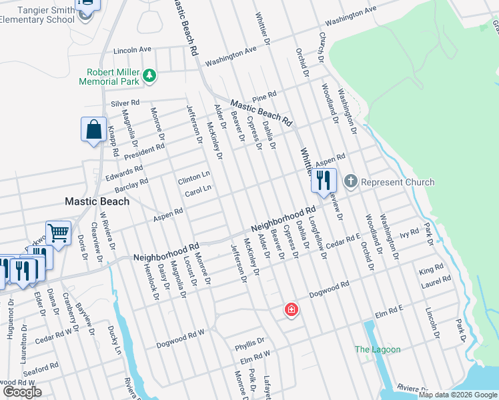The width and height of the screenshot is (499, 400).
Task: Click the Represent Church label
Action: tap(398, 182)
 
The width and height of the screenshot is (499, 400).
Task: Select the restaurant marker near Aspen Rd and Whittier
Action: tap(324, 180)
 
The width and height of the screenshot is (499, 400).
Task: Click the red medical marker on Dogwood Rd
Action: tap(291, 309)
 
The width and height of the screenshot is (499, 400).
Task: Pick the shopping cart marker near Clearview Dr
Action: tap(58, 233)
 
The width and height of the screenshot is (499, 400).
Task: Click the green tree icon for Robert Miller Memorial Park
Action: tap(151, 76)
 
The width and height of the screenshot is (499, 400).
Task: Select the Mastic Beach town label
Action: tap(96, 201)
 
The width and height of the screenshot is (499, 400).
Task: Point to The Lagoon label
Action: tap(378, 349)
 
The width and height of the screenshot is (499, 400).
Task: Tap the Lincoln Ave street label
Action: tap(133, 50)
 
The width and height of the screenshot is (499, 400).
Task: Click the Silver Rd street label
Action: tap(125, 103)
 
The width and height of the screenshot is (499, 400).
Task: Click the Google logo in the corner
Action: tap(22, 392)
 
